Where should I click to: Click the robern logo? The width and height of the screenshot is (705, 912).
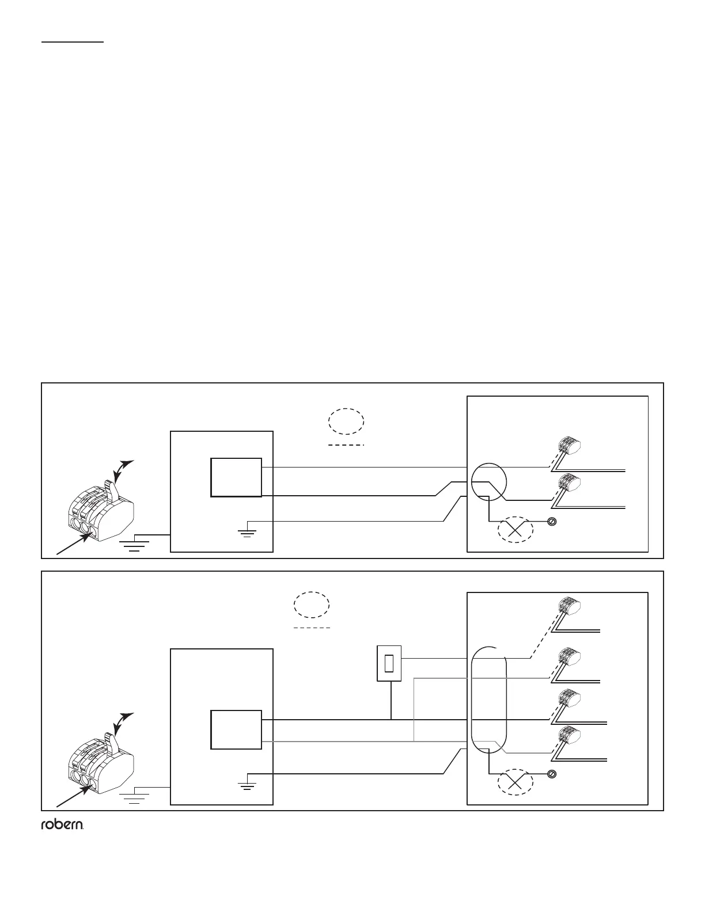pos(62,826)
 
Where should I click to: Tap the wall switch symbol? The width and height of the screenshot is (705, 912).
pos(389,664)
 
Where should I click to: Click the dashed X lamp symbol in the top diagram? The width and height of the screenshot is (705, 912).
pos(516,530)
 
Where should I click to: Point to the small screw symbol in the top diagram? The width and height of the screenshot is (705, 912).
pos(551,522)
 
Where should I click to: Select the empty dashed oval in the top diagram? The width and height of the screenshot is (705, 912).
pos(347,421)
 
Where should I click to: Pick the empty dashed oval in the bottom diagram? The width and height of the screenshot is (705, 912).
pos(312,605)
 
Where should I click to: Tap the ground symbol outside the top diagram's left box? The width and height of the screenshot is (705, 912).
pos(135,545)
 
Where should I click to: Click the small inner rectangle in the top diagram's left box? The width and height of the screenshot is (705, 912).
pos(236,477)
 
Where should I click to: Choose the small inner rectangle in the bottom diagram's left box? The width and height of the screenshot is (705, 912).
pos(236,729)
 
